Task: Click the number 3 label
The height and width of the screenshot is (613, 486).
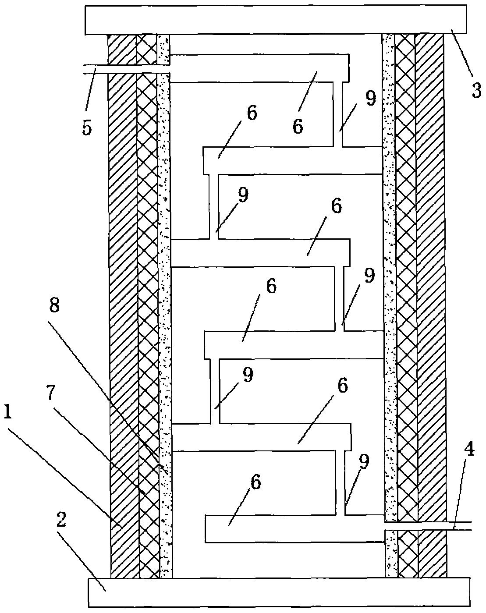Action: point(477,91)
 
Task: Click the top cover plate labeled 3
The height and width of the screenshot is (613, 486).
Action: point(276,20)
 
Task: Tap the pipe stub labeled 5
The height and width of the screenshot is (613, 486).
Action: point(127,69)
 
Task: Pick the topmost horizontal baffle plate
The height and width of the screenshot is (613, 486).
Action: point(259,68)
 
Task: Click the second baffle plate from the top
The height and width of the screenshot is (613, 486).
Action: point(293,160)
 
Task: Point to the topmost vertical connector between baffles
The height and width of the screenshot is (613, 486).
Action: point(338,114)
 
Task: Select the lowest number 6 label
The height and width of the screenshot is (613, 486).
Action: point(255,482)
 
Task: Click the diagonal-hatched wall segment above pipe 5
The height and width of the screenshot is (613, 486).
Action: point(122,49)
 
